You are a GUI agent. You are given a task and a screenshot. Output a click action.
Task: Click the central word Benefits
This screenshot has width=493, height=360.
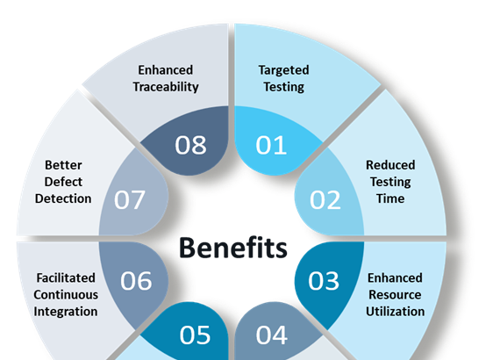point(233,248)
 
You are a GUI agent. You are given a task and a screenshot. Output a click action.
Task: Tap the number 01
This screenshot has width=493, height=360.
point(271,145)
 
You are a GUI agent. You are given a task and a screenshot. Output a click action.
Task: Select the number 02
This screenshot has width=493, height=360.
point(325,200)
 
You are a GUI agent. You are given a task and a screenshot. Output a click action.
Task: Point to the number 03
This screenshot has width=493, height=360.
point(324,280)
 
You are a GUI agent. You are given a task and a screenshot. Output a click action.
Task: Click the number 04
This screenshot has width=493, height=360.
point(272,335)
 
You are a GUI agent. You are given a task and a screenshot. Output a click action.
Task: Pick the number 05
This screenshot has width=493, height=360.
point(195,335)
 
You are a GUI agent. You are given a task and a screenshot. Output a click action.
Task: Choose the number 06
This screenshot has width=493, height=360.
point(136,280)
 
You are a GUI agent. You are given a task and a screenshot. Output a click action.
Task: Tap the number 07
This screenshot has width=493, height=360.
point(130,200)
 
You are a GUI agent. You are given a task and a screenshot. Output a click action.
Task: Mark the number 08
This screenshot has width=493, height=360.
point(190,145)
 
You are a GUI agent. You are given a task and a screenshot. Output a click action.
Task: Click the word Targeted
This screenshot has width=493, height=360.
point(283,70)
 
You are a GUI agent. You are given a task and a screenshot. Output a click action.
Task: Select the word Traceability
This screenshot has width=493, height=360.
point(166,87)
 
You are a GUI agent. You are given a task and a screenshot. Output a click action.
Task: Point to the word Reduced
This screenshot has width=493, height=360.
point(390,165)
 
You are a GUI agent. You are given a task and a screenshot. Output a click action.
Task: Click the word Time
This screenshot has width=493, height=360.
point(390,198)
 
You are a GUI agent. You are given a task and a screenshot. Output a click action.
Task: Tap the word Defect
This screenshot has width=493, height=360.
point(63,182)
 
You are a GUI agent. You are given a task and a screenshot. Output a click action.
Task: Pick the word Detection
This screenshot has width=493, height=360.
point(63,198)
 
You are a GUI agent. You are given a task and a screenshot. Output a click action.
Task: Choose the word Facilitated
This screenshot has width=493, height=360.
point(66,277)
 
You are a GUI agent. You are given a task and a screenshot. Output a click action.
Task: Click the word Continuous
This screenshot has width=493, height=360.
point(66,295)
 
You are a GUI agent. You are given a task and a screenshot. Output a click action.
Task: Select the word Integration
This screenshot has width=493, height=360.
point(66,312)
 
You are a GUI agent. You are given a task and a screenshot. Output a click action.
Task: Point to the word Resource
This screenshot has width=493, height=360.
point(395,295)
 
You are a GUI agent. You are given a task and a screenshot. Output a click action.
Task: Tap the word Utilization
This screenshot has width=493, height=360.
point(396,312)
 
